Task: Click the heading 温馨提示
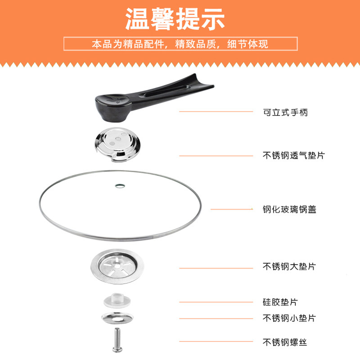point(175,19)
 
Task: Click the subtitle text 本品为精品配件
point(128,44)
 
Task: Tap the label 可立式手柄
point(285,112)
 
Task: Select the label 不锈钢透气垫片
point(294,155)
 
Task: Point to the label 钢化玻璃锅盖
point(289,209)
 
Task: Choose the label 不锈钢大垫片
point(289,266)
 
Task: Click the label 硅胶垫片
point(280,302)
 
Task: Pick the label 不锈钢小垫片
point(289,318)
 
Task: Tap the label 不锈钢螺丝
point(285,342)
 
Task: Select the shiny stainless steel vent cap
point(117,144)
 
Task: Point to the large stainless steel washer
point(117,266)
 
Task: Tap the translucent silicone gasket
point(117,300)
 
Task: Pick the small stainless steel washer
point(117,318)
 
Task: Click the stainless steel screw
point(117,340)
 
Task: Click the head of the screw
point(117,350)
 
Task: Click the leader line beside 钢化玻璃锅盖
point(232,209)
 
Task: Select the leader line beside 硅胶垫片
point(216,302)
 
